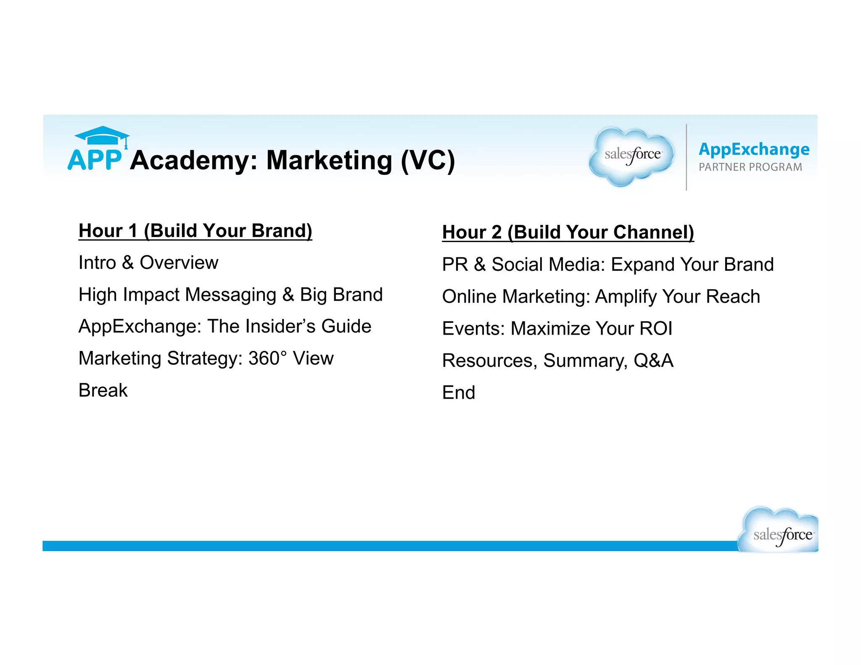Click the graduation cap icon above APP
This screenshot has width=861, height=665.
click(x=102, y=136)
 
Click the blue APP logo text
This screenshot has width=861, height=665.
click(x=95, y=160)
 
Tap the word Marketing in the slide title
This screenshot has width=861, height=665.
click(x=329, y=160)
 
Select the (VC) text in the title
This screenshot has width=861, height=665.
click(x=428, y=160)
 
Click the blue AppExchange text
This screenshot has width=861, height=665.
click(x=754, y=149)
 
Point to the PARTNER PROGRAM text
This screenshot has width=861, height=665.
click(x=750, y=167)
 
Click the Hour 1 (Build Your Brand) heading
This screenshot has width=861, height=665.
click(x=195, y=231)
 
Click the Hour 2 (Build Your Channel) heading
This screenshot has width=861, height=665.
click(x=568, y=232)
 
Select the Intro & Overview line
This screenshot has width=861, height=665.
click(x=148, y=263)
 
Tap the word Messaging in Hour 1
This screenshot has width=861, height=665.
click(x=230, y=295)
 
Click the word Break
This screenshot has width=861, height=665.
click(x=103, y=391)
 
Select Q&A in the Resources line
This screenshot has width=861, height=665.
click(x=653, y=361)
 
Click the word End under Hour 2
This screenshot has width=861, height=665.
click(x=458, y=393)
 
